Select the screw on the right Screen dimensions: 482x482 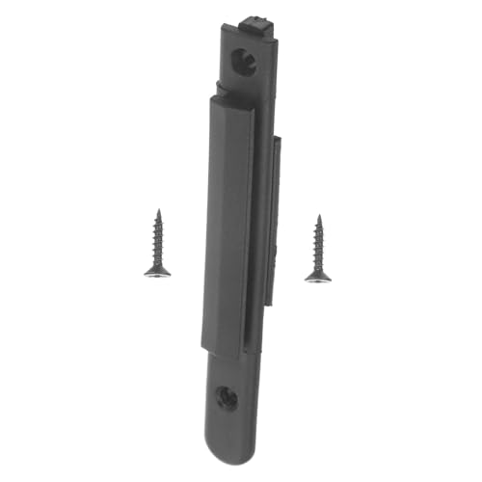point(317,250)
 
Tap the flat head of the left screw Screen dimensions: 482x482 point(157,272)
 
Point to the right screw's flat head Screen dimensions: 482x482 point(318,277)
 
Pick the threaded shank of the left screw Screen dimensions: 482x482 point(156,236)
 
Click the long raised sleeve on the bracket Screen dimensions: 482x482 point(231,222)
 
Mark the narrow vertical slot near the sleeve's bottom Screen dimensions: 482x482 point(258,323)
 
